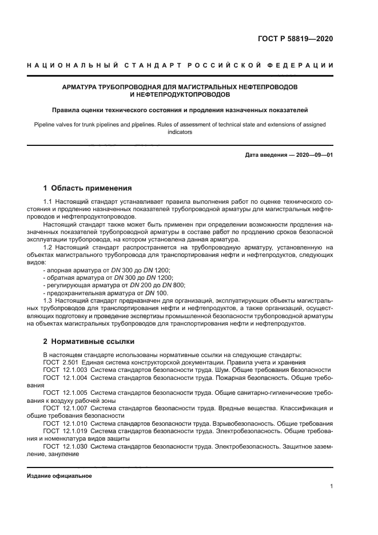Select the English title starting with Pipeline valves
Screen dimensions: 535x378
(x=180, y=127)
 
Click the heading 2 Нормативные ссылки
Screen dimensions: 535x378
(x=89, y=342)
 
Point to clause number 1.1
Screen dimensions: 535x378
(x=48, y=202)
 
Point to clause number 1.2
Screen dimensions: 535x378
(x=48, y=247)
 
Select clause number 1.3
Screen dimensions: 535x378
(x=48, y=300)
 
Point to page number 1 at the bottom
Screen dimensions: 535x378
(x=331, y=486)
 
